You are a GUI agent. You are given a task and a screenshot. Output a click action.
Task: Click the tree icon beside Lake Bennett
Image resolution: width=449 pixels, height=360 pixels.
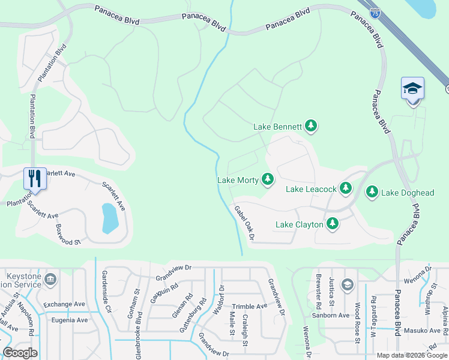click(x=310, y=126)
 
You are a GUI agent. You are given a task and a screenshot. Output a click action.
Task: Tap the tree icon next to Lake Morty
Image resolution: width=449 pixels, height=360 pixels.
click(x=267, y=179)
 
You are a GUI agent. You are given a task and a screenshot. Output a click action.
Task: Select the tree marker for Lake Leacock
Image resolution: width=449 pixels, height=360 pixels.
click(x=345, y=188)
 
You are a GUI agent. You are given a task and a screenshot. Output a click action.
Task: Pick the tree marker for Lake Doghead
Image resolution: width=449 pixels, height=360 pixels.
click(x=372, y=192)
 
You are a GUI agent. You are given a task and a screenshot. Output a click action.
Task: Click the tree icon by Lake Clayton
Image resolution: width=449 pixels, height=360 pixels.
click(x=332, y=224)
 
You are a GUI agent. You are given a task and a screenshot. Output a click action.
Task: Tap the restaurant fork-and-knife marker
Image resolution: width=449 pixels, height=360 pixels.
click(x=35, y=178)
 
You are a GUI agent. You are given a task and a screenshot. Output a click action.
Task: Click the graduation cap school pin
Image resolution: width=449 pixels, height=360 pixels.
click(x=412, y=89)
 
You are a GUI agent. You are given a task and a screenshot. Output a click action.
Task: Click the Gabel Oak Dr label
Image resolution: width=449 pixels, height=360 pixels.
click(x=245, y=223)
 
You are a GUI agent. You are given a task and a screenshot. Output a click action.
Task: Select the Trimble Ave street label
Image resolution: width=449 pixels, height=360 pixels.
click(x=249, y=306)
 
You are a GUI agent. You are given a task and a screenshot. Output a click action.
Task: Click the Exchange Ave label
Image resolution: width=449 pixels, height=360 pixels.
click(x=64, y=304)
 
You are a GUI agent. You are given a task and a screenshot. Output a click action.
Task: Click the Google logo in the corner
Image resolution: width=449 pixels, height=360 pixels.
click(x=20, y=353)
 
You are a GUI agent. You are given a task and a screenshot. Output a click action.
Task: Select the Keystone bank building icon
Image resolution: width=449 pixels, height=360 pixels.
click(x=50, y=278)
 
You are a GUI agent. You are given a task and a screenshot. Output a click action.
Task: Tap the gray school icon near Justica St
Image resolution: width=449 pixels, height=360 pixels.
click(x=347, y=284)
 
